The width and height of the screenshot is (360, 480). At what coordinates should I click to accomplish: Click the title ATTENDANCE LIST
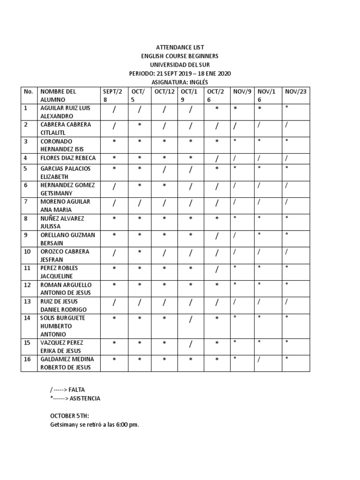(180, 47)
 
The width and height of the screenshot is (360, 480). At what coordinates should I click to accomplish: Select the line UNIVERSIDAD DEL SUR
(180, 65)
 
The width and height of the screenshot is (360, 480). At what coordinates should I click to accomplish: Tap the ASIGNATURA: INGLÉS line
(180, 82)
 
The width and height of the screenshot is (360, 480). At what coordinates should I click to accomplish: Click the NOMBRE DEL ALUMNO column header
(58, 96)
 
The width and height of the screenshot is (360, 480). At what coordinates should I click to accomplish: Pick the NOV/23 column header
(296, 91)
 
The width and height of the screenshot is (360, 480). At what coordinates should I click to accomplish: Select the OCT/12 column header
(165, 91)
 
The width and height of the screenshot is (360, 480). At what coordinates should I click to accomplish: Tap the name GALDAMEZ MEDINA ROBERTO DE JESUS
(66, 363)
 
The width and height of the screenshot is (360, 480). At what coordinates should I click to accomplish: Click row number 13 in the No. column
(27, 301)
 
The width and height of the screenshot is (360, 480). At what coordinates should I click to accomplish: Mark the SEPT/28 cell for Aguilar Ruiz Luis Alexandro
(114, 110)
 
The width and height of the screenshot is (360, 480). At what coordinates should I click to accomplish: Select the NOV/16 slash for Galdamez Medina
(259, 360)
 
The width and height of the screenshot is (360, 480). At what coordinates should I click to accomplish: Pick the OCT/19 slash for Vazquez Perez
(191, 344)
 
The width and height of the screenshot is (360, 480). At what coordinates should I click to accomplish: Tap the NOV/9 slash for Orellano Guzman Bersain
(234, 235)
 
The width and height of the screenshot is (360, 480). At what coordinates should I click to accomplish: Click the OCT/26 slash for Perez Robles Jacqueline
(217, 269)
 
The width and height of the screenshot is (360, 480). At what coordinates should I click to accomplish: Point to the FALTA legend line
(68, 390)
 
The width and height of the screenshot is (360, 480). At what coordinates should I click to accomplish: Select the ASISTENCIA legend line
(75, 398)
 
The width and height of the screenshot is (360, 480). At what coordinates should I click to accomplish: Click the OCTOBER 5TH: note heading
(69, 416)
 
